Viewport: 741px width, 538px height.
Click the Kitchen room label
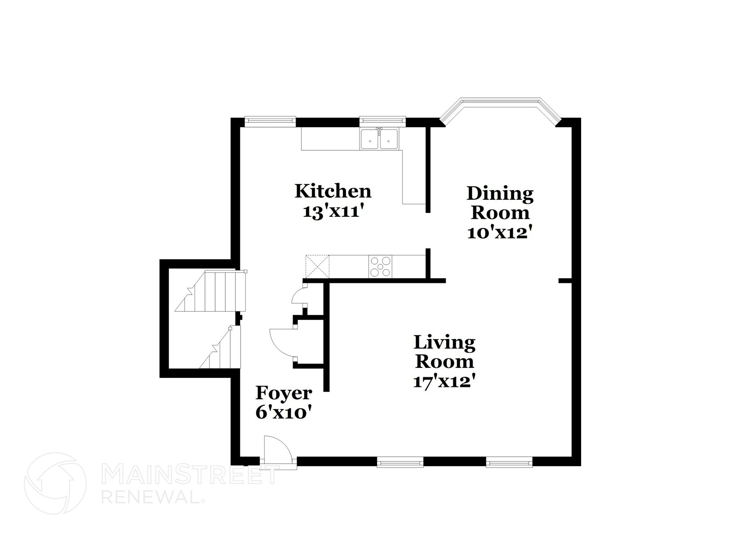[333, 191]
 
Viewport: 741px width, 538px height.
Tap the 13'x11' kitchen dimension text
[333, 211]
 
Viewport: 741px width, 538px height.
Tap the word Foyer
[284, 393]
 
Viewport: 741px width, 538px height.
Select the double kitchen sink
[379, 139]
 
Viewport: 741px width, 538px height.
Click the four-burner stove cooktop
[380, 267]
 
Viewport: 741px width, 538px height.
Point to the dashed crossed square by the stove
[317, 266]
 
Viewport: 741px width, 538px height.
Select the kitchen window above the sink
[382, 121]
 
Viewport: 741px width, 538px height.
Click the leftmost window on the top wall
[270, 121]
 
